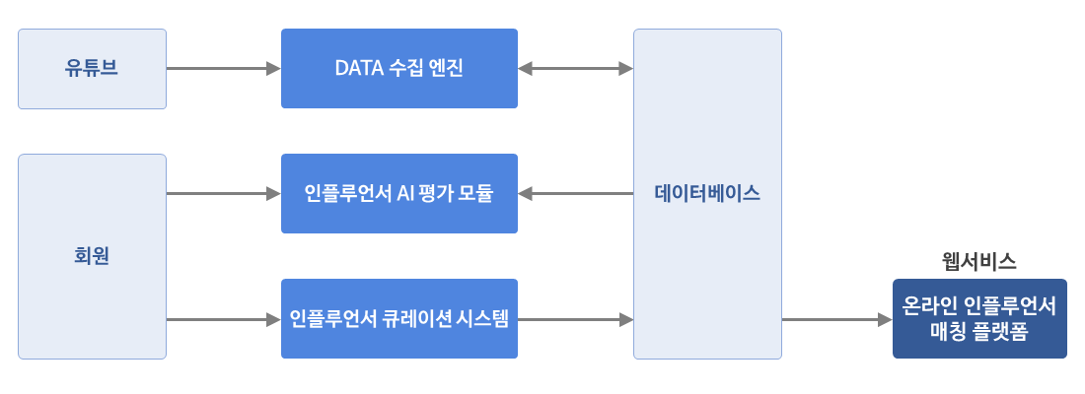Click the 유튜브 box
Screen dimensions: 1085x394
[92, 68]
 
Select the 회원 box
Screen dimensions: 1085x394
[92, 256]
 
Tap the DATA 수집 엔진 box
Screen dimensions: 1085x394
[399, 68]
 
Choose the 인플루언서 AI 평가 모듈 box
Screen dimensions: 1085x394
[399, 193]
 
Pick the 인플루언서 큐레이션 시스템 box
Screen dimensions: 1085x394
[399, 319]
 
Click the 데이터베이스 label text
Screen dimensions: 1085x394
[707, 193]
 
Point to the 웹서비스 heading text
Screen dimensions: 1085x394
[979, 261]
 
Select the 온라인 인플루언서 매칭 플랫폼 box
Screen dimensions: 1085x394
[979, 319]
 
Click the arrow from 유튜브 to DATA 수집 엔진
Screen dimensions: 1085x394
[224, 68]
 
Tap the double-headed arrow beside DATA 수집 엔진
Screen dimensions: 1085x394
[576, 68]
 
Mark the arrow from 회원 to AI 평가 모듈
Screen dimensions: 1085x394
[224, 193]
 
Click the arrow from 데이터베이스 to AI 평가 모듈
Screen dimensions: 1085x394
[576, 193]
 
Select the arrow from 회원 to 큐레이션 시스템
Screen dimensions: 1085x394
[224, 319]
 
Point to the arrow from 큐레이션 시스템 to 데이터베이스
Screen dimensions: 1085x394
[576, 319]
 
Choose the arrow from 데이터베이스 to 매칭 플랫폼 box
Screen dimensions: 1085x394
[837, 319]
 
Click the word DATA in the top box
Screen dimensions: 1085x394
[356, 68]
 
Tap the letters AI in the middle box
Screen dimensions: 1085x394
[404, 193]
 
